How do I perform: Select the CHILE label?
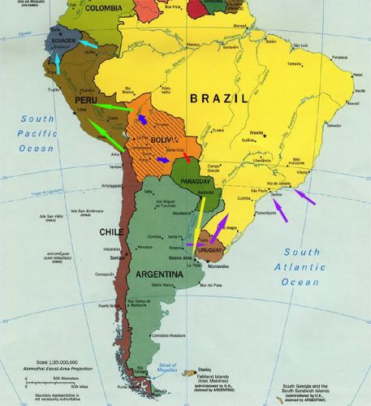point(111,231)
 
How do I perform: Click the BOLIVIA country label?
point(163,140)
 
